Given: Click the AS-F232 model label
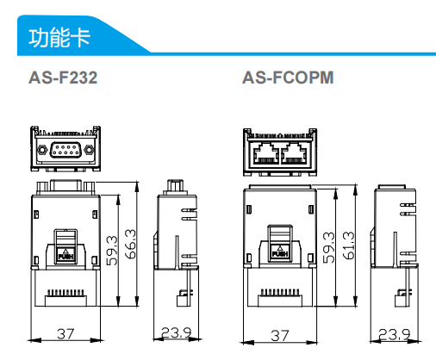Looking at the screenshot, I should click(x=64, y=78).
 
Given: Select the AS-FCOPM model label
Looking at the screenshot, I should click(x=287, y=78).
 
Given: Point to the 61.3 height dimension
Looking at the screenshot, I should click(x=347, y=246).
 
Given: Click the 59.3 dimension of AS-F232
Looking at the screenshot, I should click(x=112, y=249).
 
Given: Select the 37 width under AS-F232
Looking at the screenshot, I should click(x=65, y=334).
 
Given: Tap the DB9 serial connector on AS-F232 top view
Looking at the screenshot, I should click(x=65, y=152).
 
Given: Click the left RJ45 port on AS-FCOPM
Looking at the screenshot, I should click(x=262, y=153).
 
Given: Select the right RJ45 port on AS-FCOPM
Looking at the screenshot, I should click(x=294, y=153).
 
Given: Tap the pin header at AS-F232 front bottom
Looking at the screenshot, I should click(x=65, y=294).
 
